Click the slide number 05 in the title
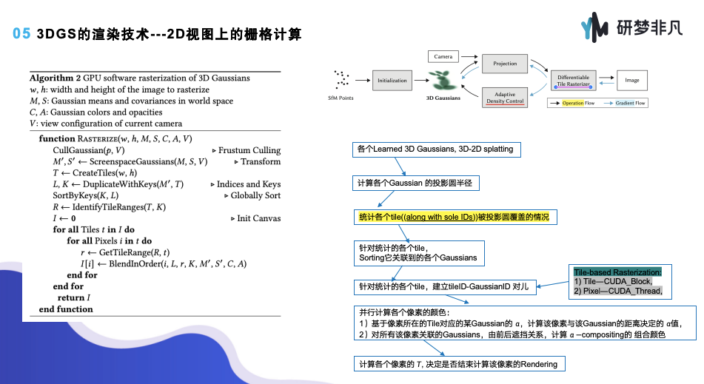21,35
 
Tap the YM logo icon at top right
594,28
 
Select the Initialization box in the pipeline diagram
392,80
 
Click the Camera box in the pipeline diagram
443,56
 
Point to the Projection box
505,64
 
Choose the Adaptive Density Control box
505,97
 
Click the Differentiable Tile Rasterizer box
573,81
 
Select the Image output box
631,80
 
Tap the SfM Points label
342,98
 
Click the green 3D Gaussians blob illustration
443,78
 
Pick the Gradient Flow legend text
630,103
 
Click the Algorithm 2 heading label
55,78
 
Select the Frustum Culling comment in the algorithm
249,150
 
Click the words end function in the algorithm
66,309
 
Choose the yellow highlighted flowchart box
455,217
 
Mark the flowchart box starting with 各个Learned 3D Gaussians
435,149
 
